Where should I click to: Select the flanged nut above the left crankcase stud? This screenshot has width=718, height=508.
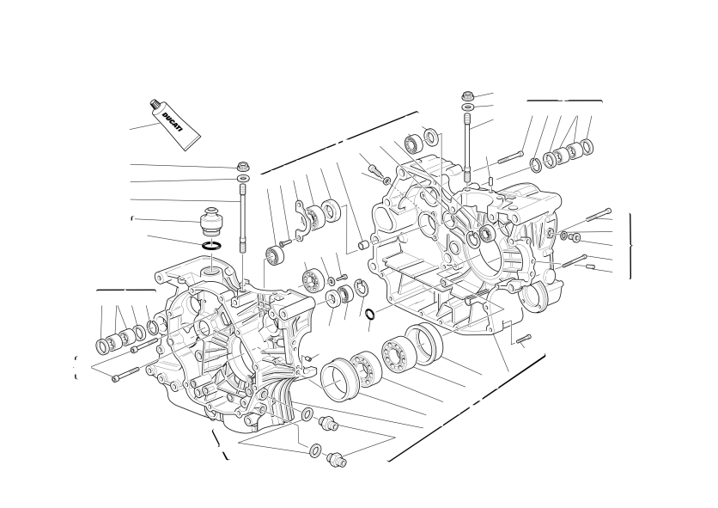tap(243, 166)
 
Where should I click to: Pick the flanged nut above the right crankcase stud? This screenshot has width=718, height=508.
tap(468, 96)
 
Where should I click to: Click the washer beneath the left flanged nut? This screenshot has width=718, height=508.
tap(244, 178)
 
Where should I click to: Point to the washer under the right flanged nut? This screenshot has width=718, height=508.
tap(468, 107)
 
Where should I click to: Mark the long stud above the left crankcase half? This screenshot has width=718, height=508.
tap(242, 218)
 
